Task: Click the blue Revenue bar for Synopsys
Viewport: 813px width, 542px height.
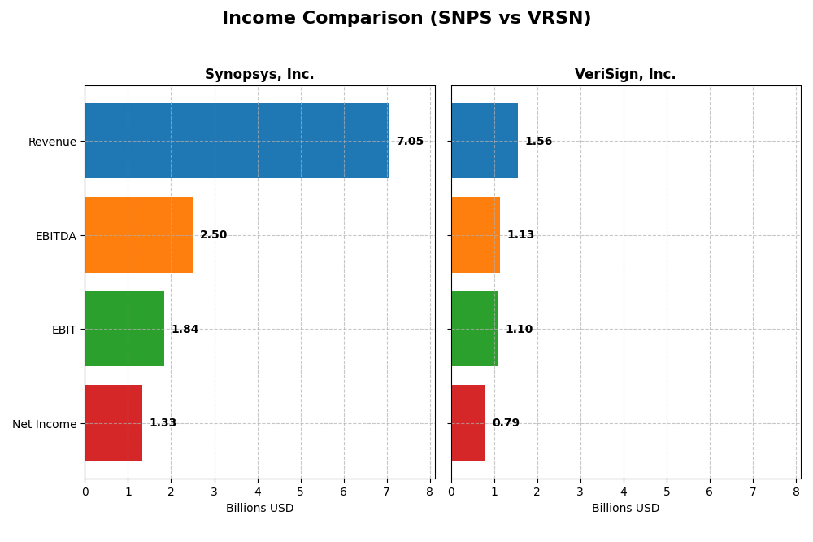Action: click(237, 141)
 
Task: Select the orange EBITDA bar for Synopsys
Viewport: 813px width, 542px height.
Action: click(138, 234)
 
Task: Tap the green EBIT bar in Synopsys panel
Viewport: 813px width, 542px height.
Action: click(124, 329)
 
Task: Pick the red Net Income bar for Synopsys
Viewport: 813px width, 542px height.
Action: click(113, 422)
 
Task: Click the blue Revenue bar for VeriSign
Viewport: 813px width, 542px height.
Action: click(485, 141)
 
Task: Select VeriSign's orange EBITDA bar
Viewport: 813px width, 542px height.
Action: click(476, 234)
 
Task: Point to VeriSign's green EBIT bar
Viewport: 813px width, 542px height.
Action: click(475, 329)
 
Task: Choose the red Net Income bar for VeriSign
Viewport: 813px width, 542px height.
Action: click(468, 422)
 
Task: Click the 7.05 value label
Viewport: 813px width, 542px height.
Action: click(410, 142)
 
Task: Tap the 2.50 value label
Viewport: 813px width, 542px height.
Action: click(214, 235)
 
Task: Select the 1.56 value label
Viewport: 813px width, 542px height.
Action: click(538, 142)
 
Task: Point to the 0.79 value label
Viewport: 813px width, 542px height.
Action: click(506, 423)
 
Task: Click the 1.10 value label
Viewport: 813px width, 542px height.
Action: click(519, 330)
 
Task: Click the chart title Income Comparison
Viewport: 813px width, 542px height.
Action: click(406, 19)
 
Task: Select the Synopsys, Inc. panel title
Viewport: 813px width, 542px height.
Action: click(259, 75)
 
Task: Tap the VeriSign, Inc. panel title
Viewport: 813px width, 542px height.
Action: click(625, 75)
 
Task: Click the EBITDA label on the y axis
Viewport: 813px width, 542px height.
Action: click(56, 236)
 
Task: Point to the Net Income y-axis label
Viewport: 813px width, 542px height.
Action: click(44, 424)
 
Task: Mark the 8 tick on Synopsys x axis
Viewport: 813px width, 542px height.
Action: click(430, 492)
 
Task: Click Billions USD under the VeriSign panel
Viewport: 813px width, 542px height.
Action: click(625, 509)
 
